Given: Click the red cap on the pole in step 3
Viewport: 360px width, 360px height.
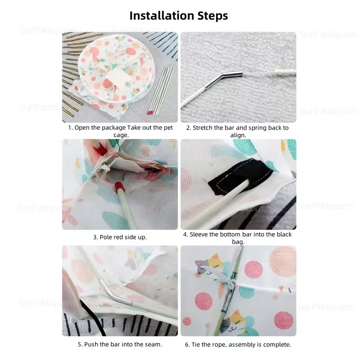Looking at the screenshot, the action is [x=120, y=187].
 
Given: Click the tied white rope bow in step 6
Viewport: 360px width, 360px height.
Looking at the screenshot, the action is [x=226, y=279].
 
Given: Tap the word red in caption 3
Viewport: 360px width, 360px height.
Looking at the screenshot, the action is [x=119, y=237].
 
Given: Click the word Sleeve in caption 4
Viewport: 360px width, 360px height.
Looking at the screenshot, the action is [x=199, y=234].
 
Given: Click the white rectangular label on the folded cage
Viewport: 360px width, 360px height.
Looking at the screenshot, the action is [x=117, y=77].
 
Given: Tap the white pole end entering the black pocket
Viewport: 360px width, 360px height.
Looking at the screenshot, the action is [x=244, y=184].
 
